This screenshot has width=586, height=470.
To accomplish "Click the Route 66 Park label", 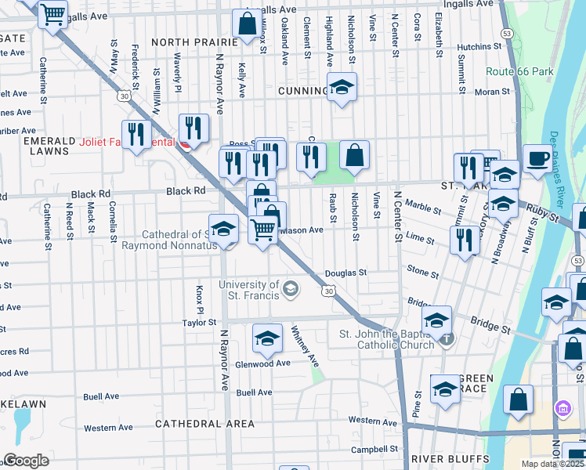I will coord(519,71).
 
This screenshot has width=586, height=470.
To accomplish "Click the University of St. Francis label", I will coord(249,289).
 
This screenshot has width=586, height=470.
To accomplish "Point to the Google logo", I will coord(25,460).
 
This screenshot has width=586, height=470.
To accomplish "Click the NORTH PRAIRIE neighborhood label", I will coord(194,42).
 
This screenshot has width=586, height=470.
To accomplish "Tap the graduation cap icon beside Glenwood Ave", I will coord(266,338).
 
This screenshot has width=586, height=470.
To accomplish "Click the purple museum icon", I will coord(562,408).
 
